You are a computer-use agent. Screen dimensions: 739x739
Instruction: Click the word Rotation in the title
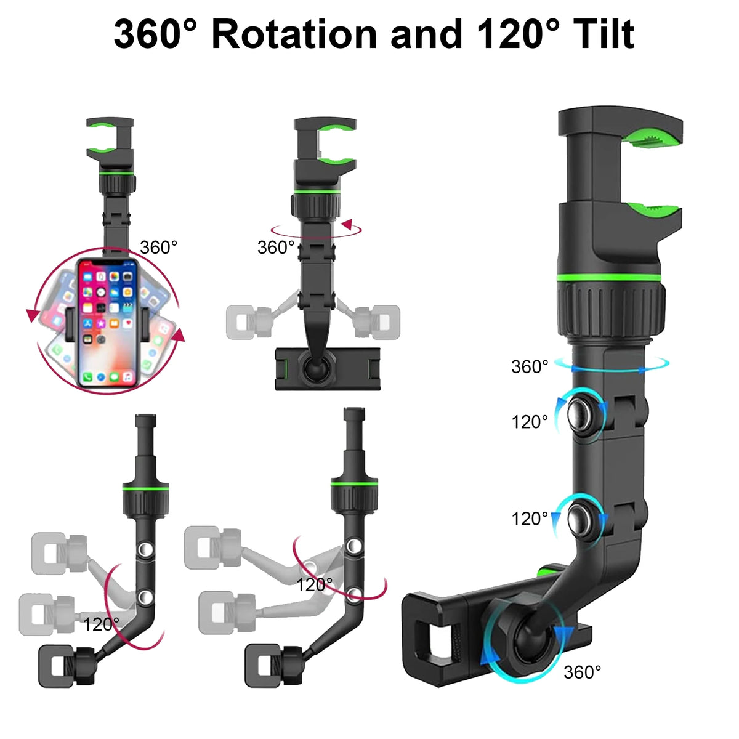tap(294, 34)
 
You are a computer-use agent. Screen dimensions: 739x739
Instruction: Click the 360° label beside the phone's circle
tap(158, 248)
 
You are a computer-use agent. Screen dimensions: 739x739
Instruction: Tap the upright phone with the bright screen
tap(108, 323)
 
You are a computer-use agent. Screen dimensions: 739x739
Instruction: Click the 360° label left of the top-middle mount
tap(276, 248)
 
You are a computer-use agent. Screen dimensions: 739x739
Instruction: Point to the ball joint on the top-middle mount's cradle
tap(316, 368)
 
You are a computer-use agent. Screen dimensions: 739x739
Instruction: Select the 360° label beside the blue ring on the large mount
tap(530, 367)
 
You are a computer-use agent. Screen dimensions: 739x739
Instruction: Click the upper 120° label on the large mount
tap(530, 422)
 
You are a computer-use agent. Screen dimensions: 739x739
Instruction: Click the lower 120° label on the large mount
tap(530, 519)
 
